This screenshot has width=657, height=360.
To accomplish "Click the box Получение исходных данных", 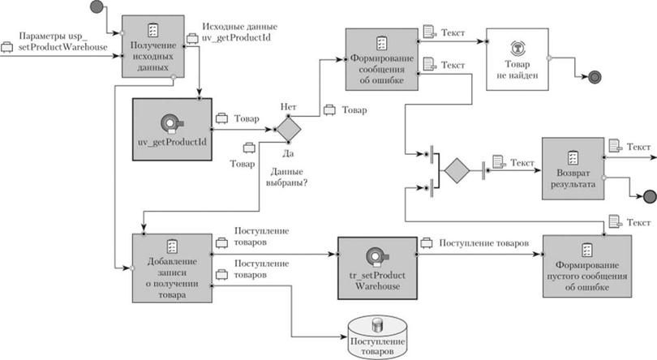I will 152,47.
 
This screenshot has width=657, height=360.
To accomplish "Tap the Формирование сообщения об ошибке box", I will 381,59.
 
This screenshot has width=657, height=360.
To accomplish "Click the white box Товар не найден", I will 517,59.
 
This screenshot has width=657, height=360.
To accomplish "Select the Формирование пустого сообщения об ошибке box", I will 586,268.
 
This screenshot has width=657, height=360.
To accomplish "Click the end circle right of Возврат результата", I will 647,195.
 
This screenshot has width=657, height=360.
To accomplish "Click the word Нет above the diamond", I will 288,107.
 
